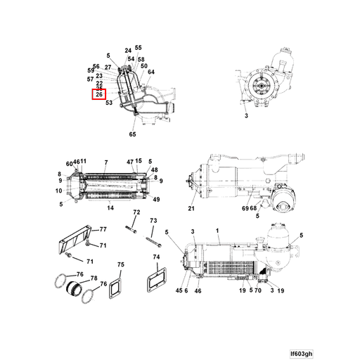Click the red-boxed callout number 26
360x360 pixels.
[99, 94]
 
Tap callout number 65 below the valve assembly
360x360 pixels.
[132, 134]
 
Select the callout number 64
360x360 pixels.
[151, 72]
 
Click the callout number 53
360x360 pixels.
[109, 103]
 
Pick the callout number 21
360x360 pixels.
[191, 208]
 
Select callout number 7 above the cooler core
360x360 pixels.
[105, 162]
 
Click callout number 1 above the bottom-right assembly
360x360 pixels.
[219, 231]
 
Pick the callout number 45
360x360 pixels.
[179, 290]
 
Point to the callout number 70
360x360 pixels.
[259, 290]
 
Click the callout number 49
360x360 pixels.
[155, 200]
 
